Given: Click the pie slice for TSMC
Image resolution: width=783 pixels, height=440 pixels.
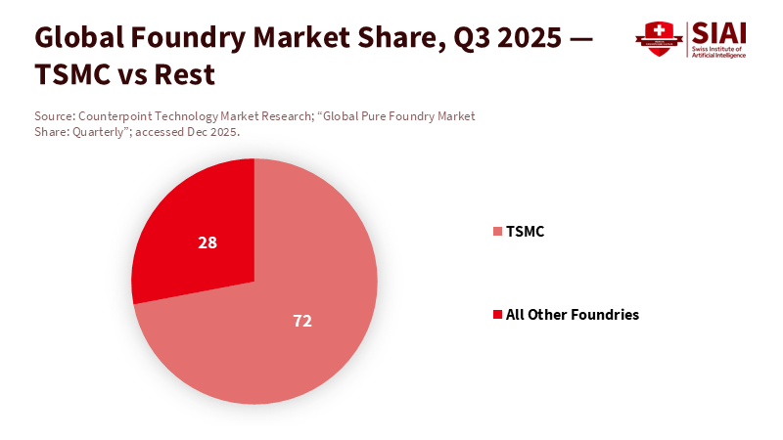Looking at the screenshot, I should click(x=294, y=332).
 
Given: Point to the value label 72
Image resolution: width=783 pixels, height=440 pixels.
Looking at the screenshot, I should click(x=302, y=321).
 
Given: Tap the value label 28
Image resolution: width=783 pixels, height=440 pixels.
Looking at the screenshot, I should click(x=207, y=242).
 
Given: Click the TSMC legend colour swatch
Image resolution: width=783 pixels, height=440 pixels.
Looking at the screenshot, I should click(x=497, y=232).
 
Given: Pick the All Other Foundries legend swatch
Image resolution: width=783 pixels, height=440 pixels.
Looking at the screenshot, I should click(x=497, y=315).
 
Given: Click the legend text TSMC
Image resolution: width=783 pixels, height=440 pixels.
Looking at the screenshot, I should click(x=525, y=232).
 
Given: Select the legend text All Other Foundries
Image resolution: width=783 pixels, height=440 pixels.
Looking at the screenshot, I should click(x=572, y=315).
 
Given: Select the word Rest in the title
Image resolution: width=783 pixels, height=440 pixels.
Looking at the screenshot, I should click(x=185, y=74).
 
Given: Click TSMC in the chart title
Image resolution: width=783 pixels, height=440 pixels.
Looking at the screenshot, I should click(x=69, y=74).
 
